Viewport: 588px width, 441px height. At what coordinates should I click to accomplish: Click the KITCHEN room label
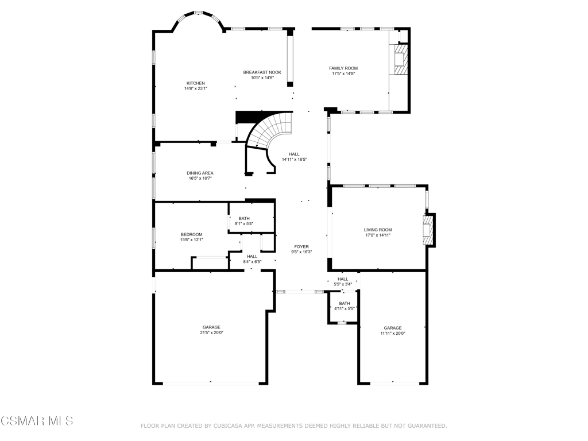(195, 83)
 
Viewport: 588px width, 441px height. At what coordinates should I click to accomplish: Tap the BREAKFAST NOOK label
(262, 72)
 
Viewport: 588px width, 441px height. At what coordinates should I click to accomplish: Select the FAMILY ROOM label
(343, 68)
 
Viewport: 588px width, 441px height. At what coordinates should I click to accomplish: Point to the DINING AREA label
(200, 173)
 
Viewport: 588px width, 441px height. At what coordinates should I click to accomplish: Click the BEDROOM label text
(191, 234)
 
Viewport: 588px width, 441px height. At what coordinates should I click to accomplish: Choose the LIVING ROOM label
(378, 230)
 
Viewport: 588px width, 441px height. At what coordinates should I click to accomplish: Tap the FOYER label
(301, 247)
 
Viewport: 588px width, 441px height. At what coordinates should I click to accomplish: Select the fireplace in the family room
(402, 60)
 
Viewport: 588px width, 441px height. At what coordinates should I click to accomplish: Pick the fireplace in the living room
(428, 230)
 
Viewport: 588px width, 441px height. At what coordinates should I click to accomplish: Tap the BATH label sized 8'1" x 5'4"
(244, 218)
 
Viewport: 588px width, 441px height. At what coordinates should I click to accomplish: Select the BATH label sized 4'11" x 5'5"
(345, 303)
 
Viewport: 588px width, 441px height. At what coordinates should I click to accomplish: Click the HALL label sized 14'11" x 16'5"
(294, 154)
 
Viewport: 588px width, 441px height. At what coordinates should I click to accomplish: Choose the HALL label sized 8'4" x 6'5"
(252, 257)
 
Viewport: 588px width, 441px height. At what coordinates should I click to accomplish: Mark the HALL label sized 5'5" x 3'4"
(343, 279)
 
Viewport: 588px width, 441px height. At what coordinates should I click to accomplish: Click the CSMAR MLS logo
(37, 421)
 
